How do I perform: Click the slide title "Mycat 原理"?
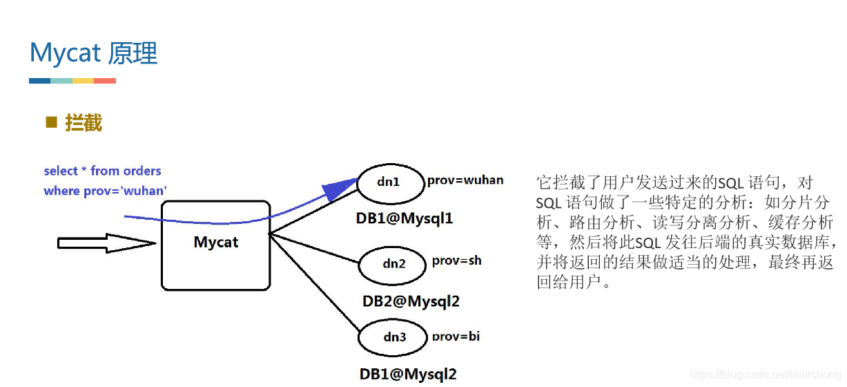[x=94, y=53]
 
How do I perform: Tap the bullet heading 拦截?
[x=84, y=123]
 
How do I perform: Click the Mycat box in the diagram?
[x=215, y=245]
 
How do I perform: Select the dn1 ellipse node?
[x=389, y=182]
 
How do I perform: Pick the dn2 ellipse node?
[x=393, y=263]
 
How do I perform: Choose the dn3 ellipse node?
[x=393, y=338]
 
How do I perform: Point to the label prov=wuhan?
[x=465, y=180]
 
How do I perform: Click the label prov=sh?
[x=456, y=261]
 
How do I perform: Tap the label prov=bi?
[x=456, y=337]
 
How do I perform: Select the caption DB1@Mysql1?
[x=405, y=218]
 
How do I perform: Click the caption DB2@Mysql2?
[x=411, y=301]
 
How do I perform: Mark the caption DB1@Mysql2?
[x=408, y=374]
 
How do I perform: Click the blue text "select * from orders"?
[x=102, y=171]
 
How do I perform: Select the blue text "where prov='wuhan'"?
[x=105, y=191]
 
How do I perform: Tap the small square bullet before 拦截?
[x=50, y=122]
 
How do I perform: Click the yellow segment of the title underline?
[x=83, y=81]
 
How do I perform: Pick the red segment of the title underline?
[x=105, y=81]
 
